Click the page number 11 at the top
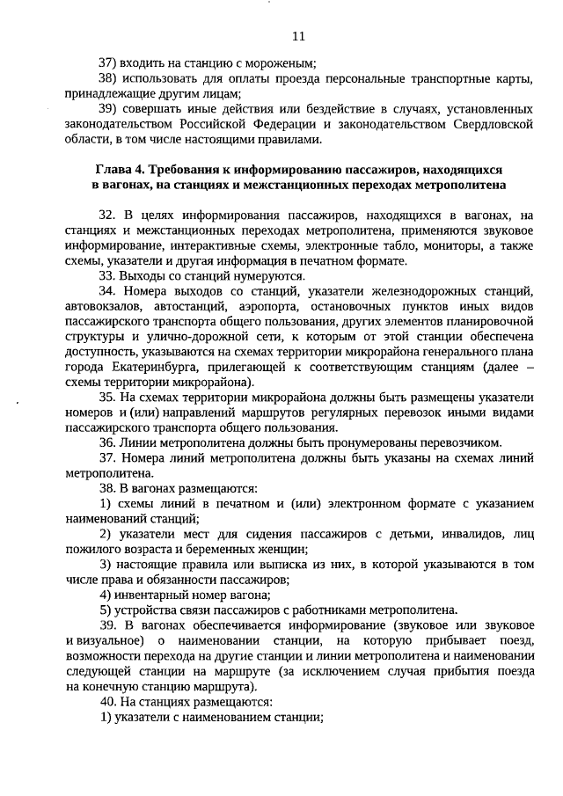[297, 37]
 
